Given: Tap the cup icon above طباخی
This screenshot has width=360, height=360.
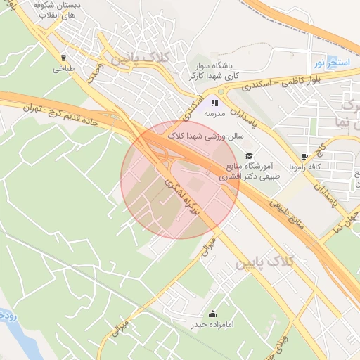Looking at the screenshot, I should (x=64, y=58).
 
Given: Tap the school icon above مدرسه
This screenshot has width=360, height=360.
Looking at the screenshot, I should (x=214, y=102).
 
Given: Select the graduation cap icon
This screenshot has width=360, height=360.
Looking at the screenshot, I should (x=247, y=155).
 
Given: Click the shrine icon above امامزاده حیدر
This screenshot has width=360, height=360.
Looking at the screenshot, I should (x=213, y=314).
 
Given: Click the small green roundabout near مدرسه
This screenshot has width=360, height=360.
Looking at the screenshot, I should (x=221, y=91).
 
